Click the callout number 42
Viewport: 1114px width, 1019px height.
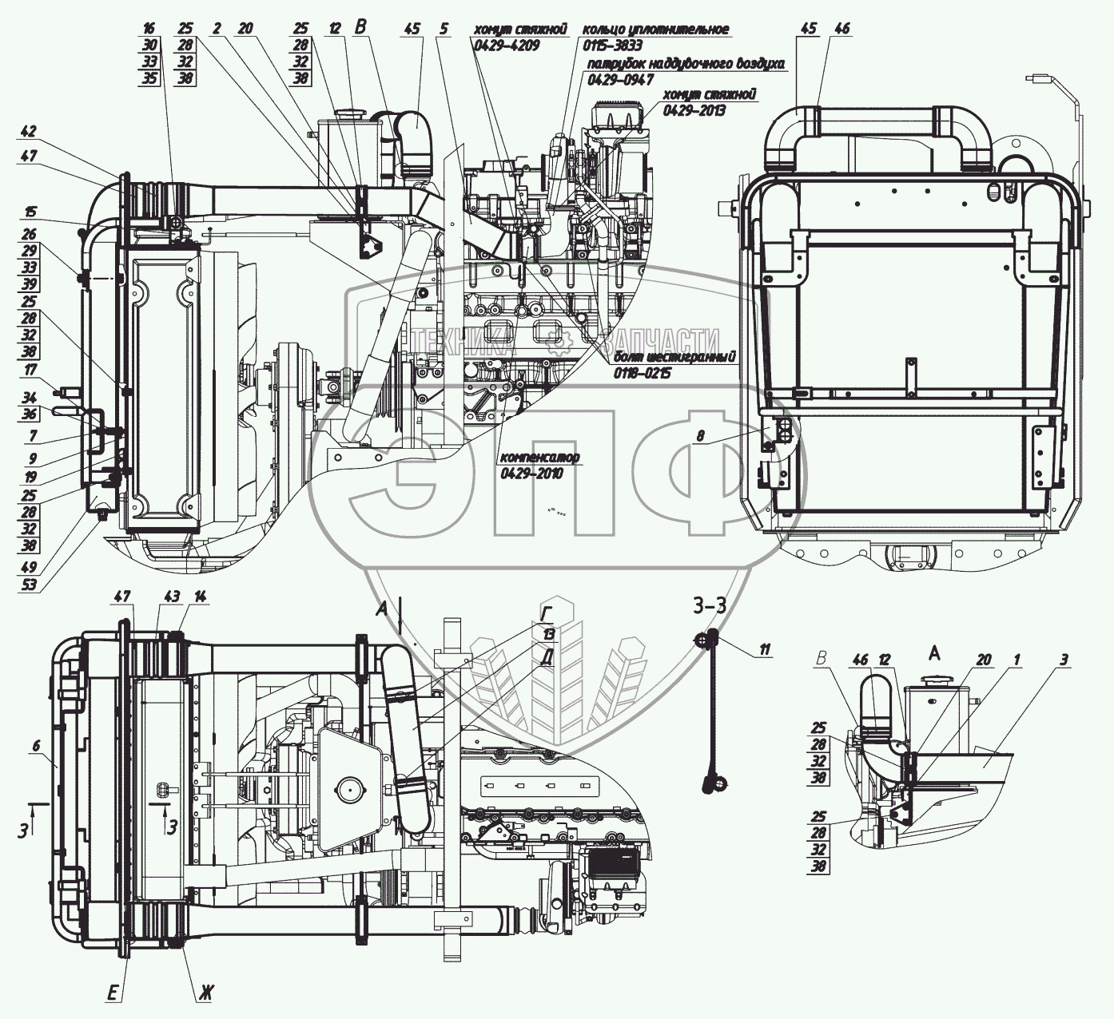pyautogui.click(x=30, y=132)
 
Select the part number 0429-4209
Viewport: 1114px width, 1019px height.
pyautogui.click(x=507, y=46)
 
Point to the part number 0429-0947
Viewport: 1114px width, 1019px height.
pyautogui.click(x=620, y=80)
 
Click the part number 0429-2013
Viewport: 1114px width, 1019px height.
pyautogui.click(x=694, y=110)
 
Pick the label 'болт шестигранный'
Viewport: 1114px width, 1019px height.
pyautogui.click(x=675, y=357)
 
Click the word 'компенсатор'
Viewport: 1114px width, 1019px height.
pyautogui.click(x=540, y=458)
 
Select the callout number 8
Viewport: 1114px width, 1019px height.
pyautogui.click(x=701, y=437)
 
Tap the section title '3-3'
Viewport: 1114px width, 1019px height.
pyautogui.click(x=710, y=605)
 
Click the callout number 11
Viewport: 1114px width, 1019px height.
pyautogui.click(x=765, y=650)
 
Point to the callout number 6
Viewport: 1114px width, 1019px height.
pyautogui.click(x=37, y=744)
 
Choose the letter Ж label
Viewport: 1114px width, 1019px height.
pyautogui.click(x=206, y=994)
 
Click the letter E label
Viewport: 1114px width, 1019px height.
pyautogui.click(x=115, y=994)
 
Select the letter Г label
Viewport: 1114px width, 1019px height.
pyautogui.click(x=547, y=613)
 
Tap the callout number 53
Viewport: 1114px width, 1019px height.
pyautogui.click(x=30, y=585)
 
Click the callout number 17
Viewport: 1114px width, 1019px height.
pyautogui.click(x=30, y=371)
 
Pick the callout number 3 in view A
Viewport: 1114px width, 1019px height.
pyautogui.click(x=1064, y=660)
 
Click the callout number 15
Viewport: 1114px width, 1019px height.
pyautogui.click(x=30, y=212)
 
